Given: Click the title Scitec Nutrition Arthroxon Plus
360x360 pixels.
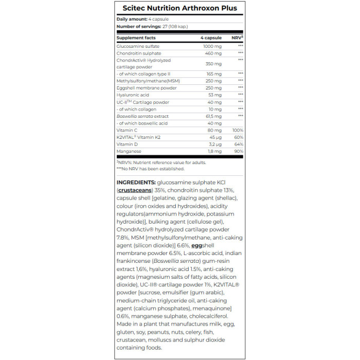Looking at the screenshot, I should [179, 8].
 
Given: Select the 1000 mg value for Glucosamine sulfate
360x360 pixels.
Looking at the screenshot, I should [212, 46].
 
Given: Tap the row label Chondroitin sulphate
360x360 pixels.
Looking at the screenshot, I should [139, 53].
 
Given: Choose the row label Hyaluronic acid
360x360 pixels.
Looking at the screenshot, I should [133, 95].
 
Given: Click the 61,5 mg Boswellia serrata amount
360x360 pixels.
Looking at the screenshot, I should [213, 116].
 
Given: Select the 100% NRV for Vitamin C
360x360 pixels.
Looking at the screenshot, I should [237, 131].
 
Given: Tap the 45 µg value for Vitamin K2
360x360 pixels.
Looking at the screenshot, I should [215, 137].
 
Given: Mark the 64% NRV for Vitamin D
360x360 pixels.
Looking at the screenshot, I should [238, 145].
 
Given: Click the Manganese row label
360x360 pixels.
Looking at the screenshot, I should [129, 152].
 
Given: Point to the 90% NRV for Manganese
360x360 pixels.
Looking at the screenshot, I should [238, 152].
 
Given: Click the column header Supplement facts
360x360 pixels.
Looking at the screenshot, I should [136, 38].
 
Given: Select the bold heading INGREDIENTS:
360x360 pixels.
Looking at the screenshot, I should [136, 183].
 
